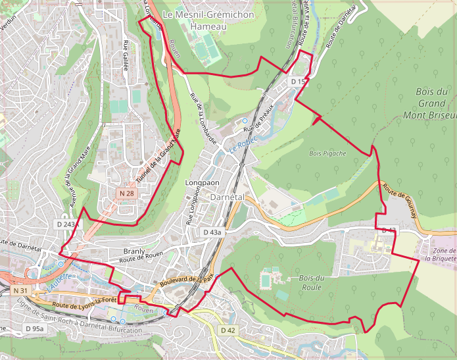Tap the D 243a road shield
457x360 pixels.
[x=67, y=224]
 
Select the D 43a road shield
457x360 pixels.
[x=213, y=232]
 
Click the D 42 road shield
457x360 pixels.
[x=228, y=330]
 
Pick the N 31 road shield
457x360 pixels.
[x=20, y=290]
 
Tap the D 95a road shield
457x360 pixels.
[x=34, y=328]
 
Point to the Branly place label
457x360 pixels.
[x=133, y=251]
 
